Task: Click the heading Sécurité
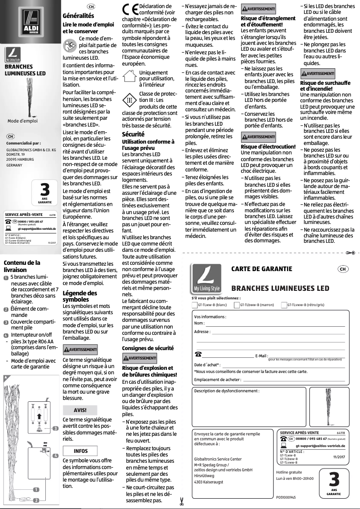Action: (133, 134)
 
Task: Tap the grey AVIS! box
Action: (80, 409)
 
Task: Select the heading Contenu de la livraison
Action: (22, 266)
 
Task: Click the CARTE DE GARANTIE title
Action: (262, 269)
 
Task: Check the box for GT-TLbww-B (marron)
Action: (237, 305)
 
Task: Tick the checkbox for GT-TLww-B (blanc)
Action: (194, 305)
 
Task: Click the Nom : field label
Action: (199, 323)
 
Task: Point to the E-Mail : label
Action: (262, 356)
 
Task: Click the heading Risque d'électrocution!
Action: (268, 147)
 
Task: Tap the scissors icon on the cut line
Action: (181, 501)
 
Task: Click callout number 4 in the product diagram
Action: (55, 456)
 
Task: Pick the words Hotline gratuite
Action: (289, 472)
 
